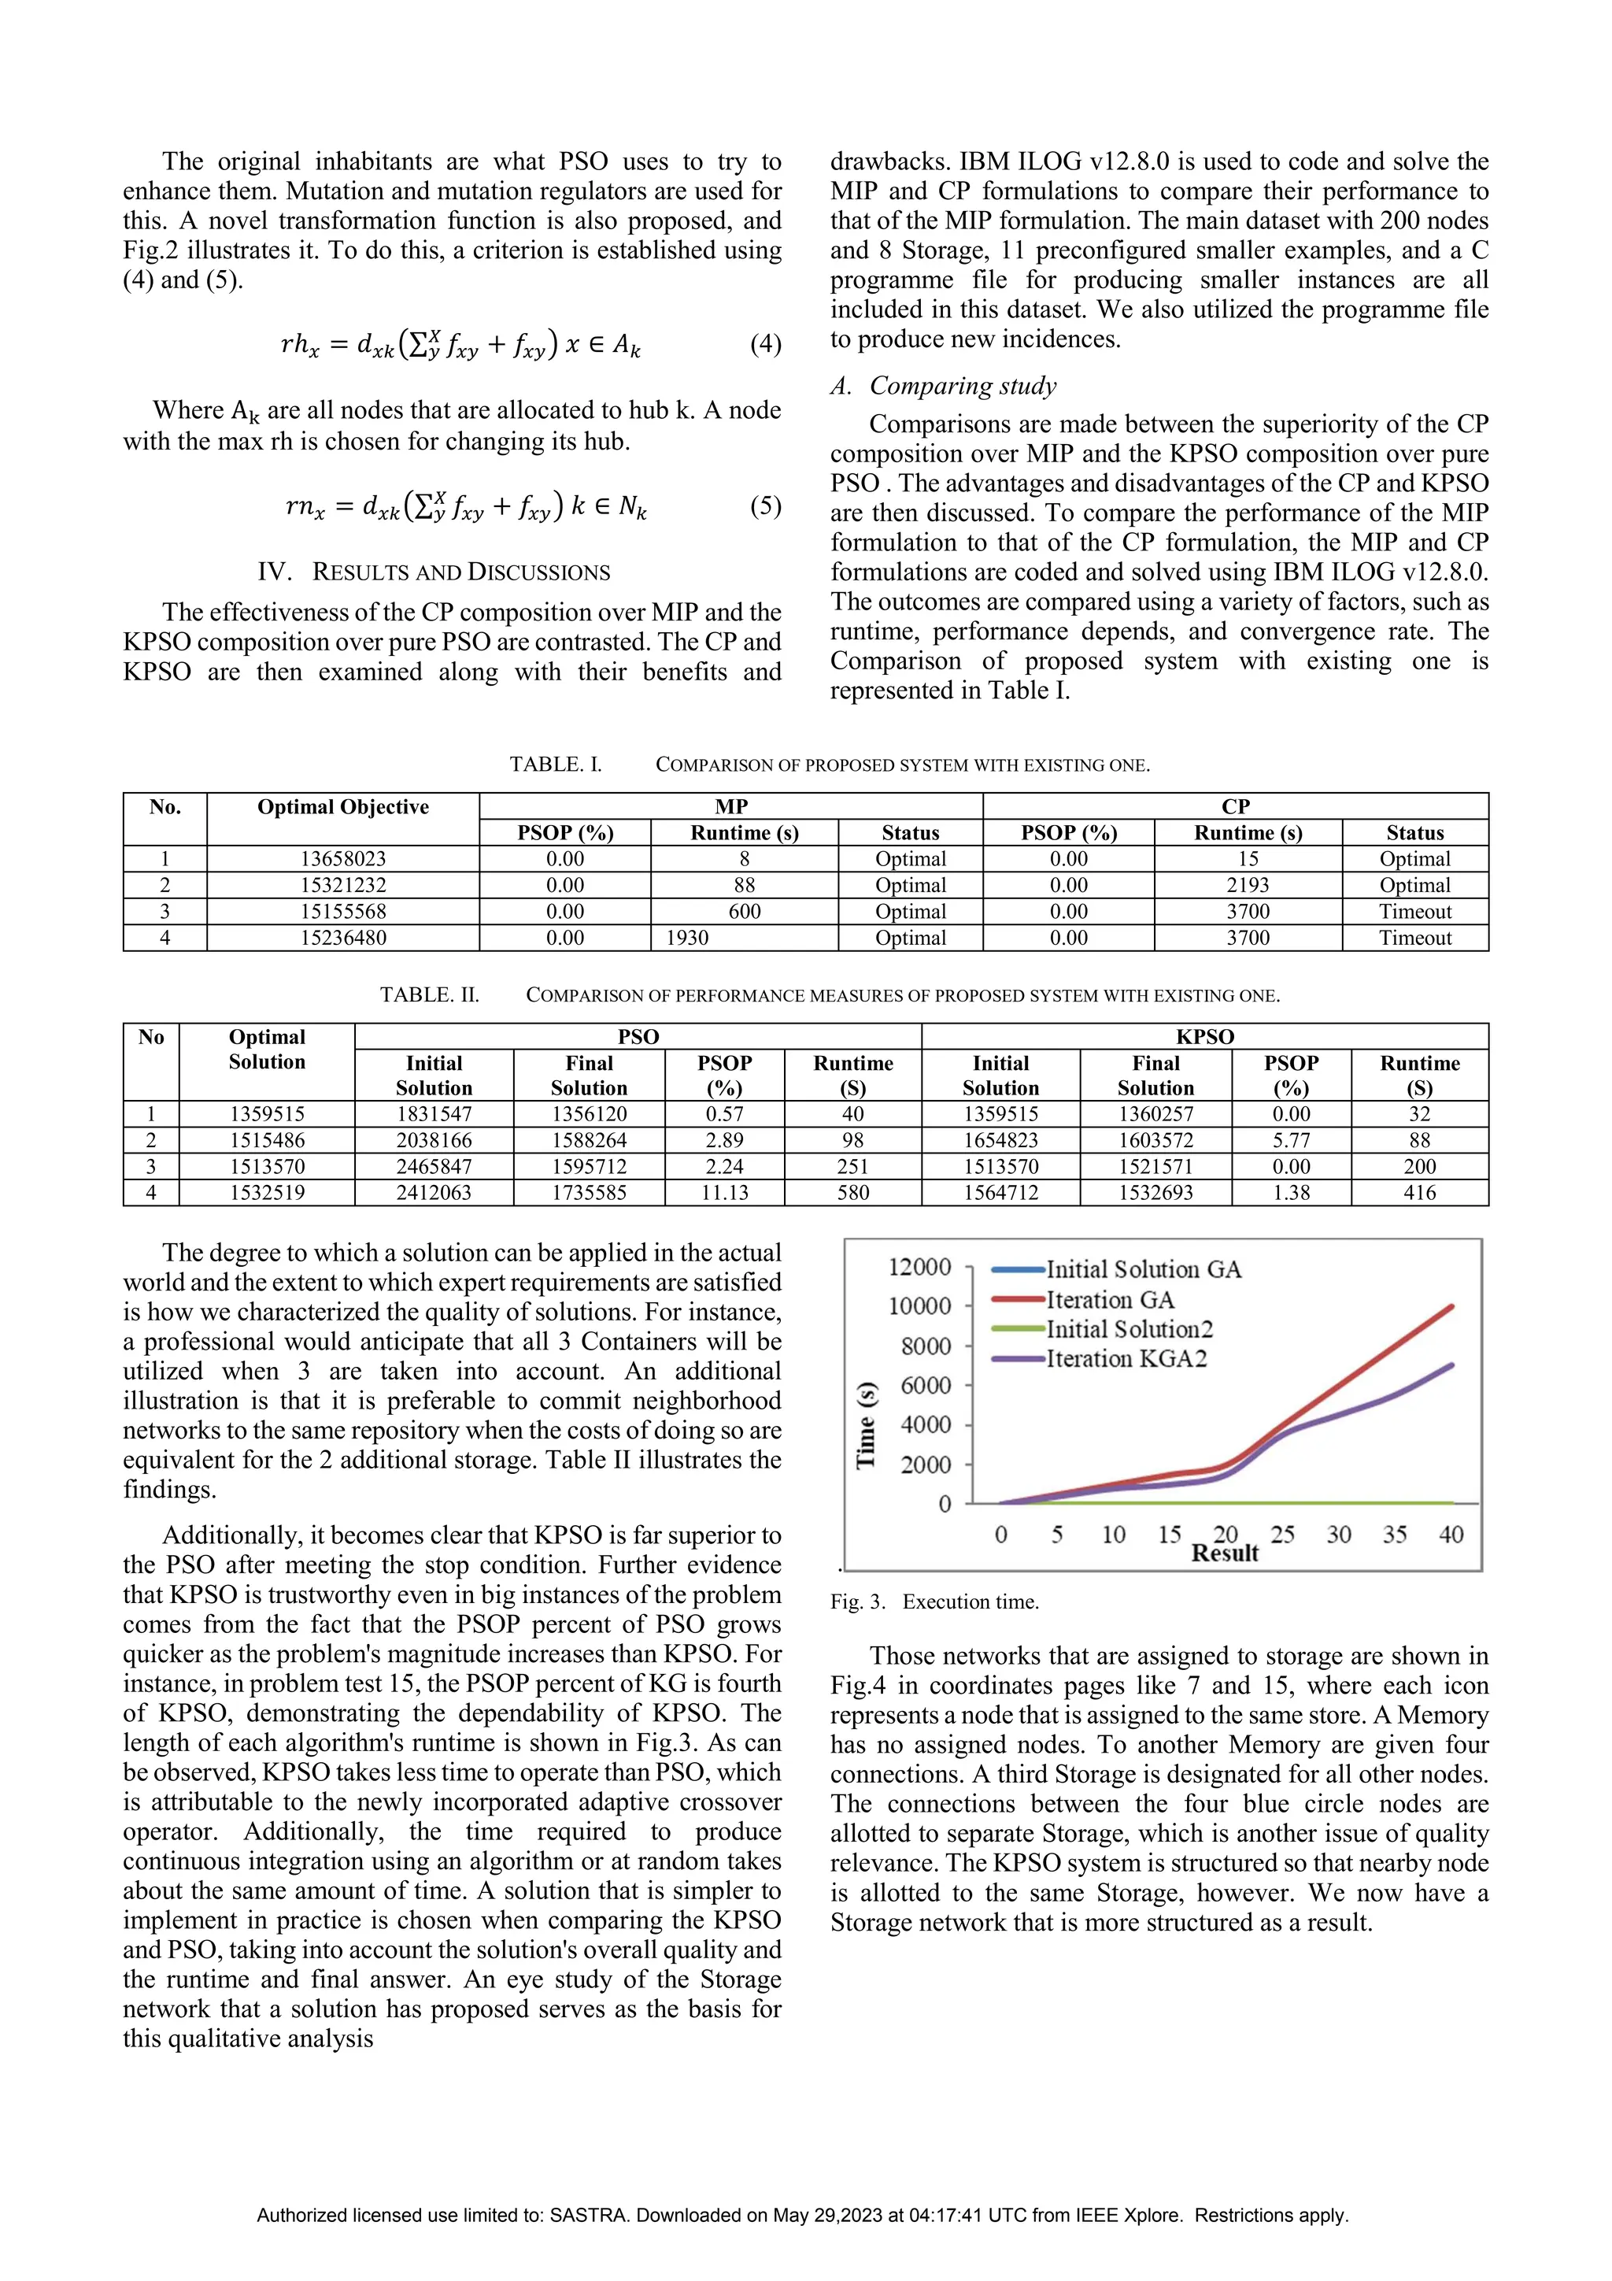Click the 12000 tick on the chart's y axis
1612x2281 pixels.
[x=919, y=1267]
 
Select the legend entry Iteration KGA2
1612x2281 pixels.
[x=1126, y=1359]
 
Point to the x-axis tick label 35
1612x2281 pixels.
[x=1395, y=1535]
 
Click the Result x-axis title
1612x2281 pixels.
[x=1225, y=1553]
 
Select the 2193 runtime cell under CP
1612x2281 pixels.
[x=1248, y=885]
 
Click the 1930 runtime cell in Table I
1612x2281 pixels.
[x=687, y=938]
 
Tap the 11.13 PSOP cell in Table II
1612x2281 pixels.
[x=724, y=1192]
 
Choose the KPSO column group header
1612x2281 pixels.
[x=1205, y=1036]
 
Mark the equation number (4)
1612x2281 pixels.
[x=765, y=344]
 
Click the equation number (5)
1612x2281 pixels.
[x=765, y=505]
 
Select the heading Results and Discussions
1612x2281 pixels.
[x=434, y=572]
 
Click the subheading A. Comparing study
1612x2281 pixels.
[x=944, y=386]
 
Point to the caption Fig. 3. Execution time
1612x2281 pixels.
[x=934, y=1602]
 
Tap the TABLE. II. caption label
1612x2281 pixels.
[x=429, y=994]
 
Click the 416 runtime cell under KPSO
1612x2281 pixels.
[x=1419, y=1192]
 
